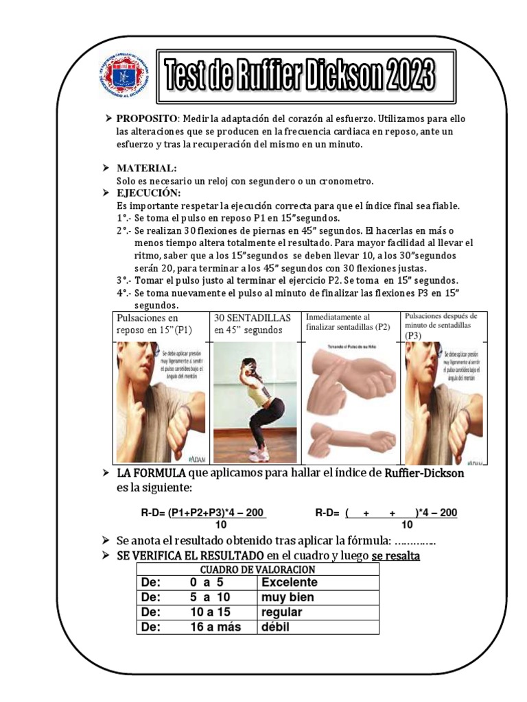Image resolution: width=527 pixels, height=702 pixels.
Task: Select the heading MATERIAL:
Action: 146,168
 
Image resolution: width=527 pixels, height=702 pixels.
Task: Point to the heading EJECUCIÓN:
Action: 148,193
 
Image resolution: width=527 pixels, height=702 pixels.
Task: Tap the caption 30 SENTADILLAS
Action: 253,318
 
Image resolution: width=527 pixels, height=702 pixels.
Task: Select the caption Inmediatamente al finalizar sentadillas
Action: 348,322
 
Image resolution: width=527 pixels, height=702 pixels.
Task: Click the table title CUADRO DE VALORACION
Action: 257,570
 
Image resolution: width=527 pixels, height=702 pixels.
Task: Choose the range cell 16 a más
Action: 215,627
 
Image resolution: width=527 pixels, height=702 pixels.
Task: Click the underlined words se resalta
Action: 396,556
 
